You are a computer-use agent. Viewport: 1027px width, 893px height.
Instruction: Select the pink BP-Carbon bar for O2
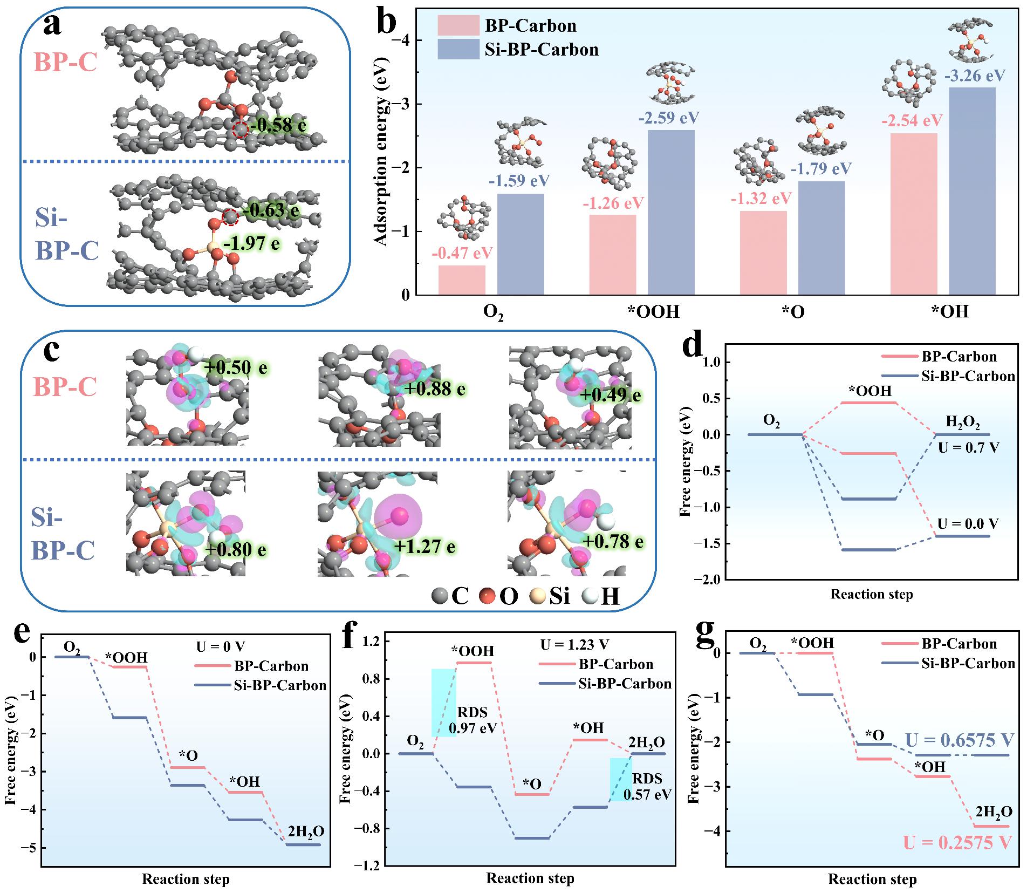tap(462, 280)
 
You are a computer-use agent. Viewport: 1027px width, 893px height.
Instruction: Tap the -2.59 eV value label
tap(667, 118)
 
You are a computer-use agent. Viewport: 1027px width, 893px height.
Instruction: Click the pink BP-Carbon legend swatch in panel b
tap(458, 25)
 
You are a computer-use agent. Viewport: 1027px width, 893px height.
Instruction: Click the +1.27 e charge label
tap(425, 547)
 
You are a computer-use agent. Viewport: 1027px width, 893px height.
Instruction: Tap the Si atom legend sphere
tap(538, 596)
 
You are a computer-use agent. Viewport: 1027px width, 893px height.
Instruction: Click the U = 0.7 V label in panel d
tap(968, 447)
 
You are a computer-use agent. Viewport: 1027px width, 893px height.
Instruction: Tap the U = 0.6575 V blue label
tap(960, 739)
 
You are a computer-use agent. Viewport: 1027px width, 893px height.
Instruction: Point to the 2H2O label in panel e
tap(306, 831)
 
